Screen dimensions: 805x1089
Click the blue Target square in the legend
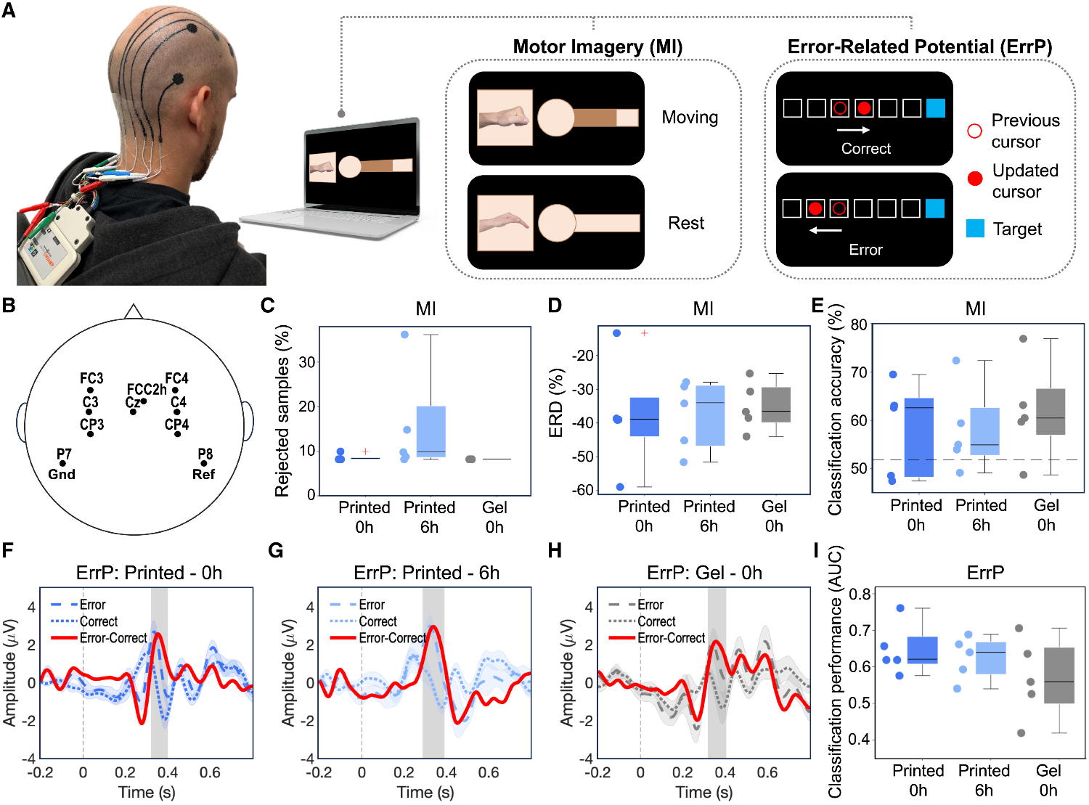pos(975,229)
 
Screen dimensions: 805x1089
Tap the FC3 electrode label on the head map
pos(91,378)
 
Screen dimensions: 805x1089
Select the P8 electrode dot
pos(204,463)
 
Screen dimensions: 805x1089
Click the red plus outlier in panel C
pos(365,451)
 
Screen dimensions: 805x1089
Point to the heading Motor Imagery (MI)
pos(597,47)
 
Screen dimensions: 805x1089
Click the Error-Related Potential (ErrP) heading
pos(920,47)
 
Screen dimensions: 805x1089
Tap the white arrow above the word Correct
pos(853,131)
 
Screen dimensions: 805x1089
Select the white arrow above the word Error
pos(827,231)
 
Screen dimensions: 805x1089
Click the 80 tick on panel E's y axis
pos(858,324)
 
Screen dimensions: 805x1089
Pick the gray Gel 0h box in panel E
pos(1050,412)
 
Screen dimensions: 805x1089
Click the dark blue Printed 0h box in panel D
pos(644,417)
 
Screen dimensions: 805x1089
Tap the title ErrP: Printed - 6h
pos(426,573)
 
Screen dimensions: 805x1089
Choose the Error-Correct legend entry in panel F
pos(99,638)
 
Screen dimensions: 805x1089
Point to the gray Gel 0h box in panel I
pos(1059,675)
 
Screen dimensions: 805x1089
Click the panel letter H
pos(555,550)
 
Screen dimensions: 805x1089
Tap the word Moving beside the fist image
pos(690,118)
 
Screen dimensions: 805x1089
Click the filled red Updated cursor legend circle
pos(976,179)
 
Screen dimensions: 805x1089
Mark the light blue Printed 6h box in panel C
pos(431,431)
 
